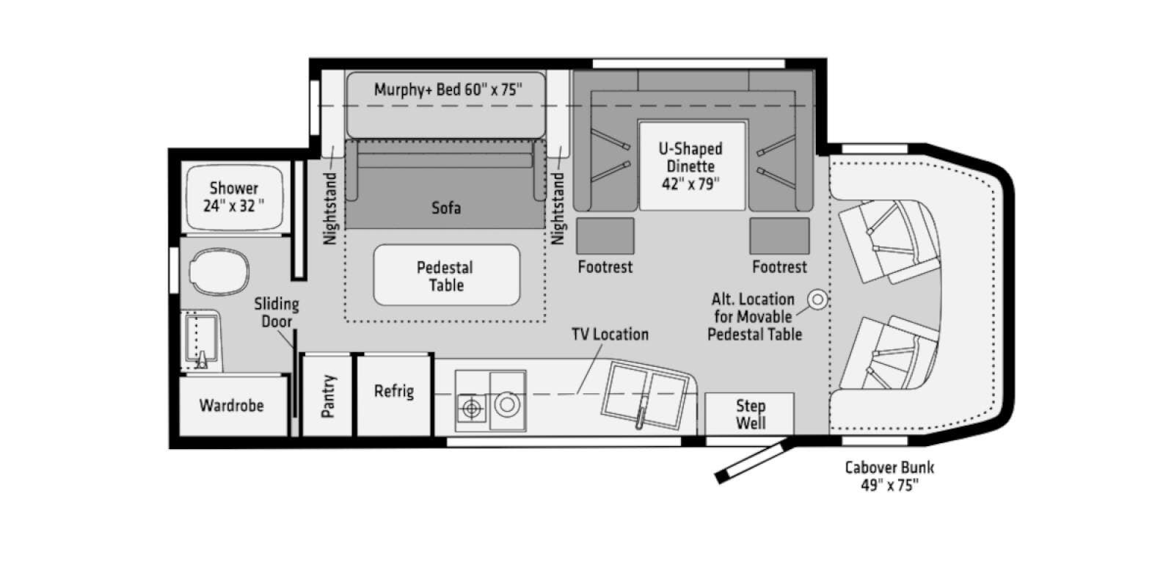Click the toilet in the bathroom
[219, 271]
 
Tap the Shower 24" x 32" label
[234, 197]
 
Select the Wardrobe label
[231, 405]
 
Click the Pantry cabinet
[327, 395]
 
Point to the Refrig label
[394, 391]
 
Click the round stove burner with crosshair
[472, 408]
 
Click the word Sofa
[446, 208]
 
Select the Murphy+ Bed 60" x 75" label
[448, 90]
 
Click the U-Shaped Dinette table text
[690, 166]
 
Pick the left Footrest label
[605, 267]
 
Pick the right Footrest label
[779, 267]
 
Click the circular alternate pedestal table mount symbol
[817, 300]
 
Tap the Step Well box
[749, 414]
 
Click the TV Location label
[610, 335]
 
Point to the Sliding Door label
[276, 313]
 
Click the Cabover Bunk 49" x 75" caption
[889, 476]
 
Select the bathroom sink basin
[200, 340]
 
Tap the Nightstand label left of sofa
[329, 208]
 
